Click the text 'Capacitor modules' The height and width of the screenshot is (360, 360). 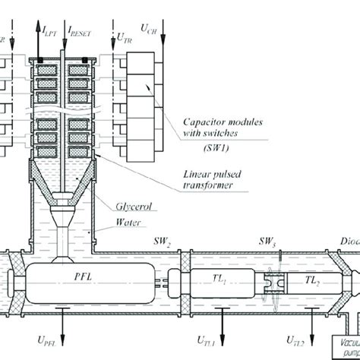[219, 121]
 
